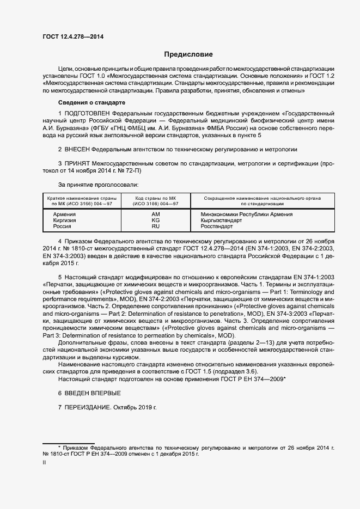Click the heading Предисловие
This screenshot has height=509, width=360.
click(x=188, y=54)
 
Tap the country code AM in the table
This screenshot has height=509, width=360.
click(x=155, y=214)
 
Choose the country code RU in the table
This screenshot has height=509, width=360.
click(x=155, y=226)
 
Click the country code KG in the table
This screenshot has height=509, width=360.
click(x=155, y=220)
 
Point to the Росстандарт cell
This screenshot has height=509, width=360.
click(x=217, y=226)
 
